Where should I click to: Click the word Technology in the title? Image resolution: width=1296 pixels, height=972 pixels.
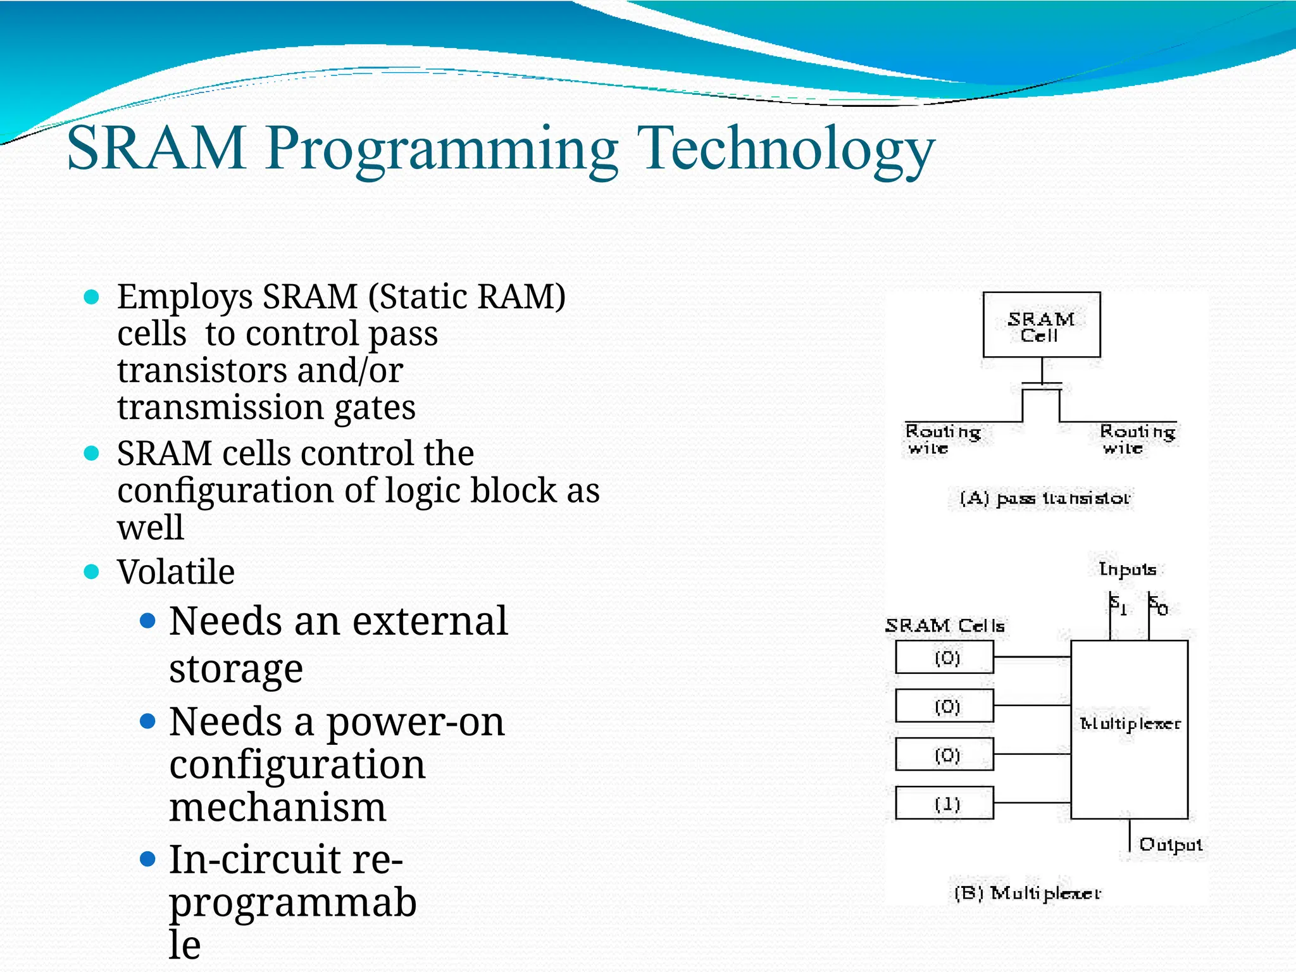click(787, 149)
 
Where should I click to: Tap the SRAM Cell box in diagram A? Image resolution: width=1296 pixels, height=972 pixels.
click(1041, 325)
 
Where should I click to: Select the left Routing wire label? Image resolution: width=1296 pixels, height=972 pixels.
click(942, 439)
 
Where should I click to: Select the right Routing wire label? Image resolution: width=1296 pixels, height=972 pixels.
click(1137, 439)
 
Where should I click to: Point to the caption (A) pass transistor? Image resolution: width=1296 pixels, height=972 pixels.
click(1044, 499)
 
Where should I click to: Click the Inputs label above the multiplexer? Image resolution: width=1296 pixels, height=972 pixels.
click(1127, 570)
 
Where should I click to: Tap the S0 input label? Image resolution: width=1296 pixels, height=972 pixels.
click(1158, 606)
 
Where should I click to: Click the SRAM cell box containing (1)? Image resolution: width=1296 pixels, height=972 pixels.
click(944, 804)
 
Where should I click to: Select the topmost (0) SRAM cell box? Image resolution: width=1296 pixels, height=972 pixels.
click(944, 657)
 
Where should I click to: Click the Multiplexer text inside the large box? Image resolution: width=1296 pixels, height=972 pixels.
click(1130, 724)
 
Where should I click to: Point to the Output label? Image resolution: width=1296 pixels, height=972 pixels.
click(1170, 845)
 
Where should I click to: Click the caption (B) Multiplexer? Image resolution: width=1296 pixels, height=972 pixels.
click(1028, 894)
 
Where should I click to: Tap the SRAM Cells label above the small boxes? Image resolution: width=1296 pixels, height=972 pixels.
click(944, 626)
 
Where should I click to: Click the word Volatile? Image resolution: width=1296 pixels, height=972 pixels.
click(176, 572)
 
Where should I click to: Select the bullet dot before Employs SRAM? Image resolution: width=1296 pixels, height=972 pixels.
click(92, 297)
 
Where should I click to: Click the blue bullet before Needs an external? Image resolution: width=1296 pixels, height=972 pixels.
click(147, 621)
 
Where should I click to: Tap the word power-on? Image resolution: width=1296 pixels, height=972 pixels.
click(415, 723)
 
